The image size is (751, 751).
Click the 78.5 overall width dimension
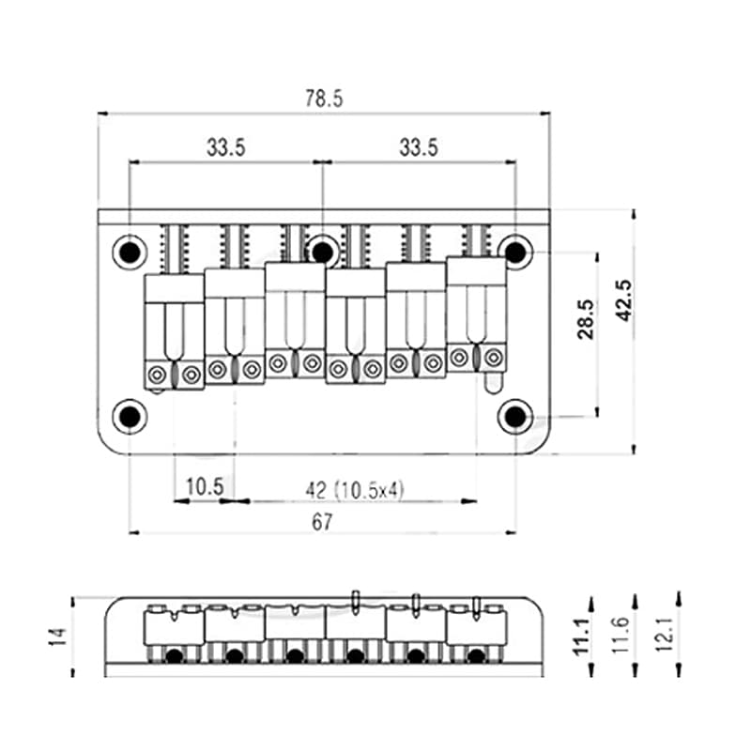324,99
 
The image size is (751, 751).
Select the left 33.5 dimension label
225,147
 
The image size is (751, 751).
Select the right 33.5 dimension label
419,147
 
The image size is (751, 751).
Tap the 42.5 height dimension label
623,300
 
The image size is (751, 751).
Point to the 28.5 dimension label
585,319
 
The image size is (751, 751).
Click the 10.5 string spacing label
205,487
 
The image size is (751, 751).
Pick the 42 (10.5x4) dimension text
355,490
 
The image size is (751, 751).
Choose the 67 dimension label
321,522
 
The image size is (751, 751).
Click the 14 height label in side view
58,636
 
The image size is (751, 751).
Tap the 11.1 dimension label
581,636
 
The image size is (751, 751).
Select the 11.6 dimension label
621,636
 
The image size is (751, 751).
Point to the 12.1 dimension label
665,634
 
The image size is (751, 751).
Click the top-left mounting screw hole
130,252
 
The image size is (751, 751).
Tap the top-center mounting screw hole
322,251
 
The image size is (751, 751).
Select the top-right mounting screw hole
515,252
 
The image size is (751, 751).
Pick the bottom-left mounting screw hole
130,417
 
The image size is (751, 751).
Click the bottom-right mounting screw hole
515,417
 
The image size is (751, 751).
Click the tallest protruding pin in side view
355,603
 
